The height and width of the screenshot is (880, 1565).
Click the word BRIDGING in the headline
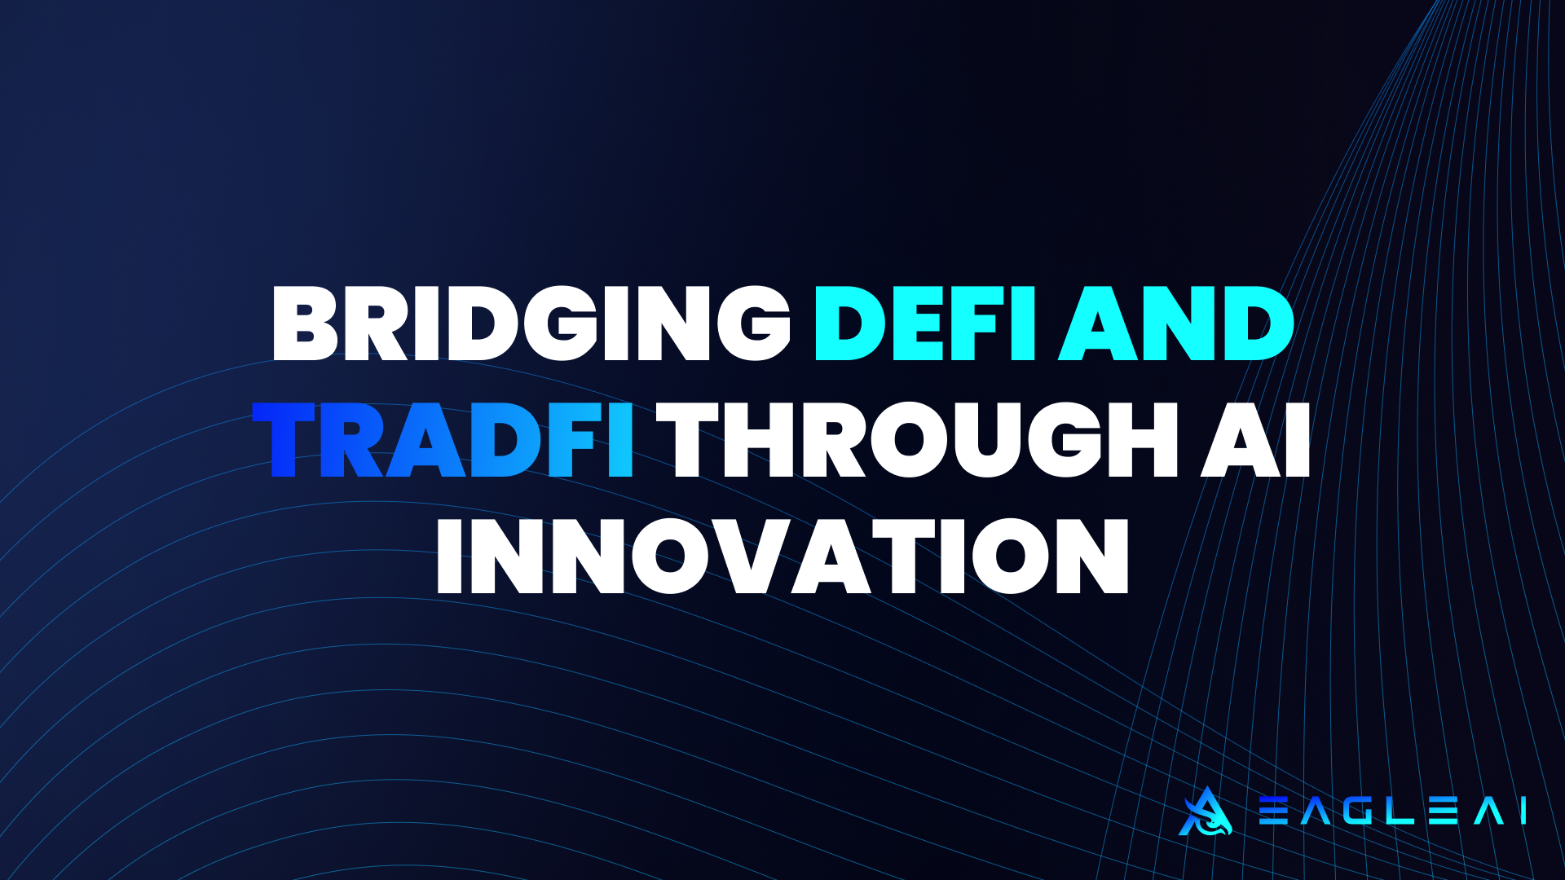tap(531, 323)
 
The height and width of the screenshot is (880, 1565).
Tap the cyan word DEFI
tap(924, 323)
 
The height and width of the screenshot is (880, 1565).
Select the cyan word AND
tap(1176, 323)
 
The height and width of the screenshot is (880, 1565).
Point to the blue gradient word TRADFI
tap(443, 440)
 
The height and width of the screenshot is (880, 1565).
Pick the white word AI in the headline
tap(1255, 440)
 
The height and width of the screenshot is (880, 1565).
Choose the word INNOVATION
tap(782, 557)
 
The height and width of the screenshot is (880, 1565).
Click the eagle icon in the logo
tap(1205, 812)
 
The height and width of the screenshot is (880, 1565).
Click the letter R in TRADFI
tap(351, 440)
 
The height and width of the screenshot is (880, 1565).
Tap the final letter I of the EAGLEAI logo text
tap(1523, 812)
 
